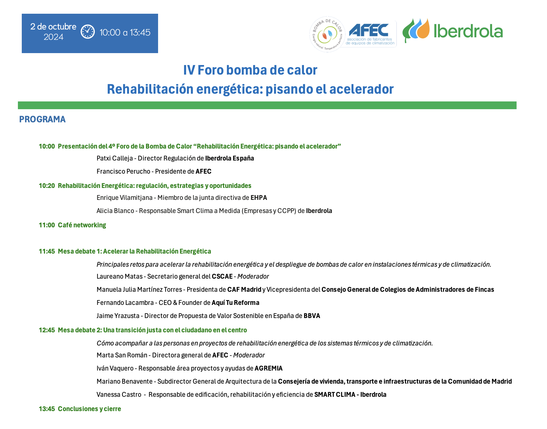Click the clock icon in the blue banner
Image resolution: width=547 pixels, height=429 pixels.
tap(88, 32)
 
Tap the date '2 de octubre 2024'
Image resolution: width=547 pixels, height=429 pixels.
tap(53, 32)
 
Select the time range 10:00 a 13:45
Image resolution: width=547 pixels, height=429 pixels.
tap(125, 32)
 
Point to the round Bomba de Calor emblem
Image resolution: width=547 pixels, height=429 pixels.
tap(327, 34)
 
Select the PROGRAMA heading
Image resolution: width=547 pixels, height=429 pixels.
tap(42, 119)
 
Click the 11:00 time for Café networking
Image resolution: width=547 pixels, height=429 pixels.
tap(47, 225)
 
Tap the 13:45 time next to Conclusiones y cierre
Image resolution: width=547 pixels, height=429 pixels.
tap(47, 409)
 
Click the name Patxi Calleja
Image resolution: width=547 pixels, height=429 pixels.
tap(115, 158)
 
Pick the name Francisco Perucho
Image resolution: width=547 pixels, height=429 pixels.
tap(123, 172)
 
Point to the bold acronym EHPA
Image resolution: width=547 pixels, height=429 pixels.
tap(259, 198)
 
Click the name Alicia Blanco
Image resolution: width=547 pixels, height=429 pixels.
tap(115, 211)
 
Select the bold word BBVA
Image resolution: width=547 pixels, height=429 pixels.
tap(312, 316)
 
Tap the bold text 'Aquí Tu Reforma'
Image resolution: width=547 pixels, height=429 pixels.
tap(235, 303)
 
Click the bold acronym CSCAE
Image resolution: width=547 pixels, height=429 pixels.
tap(222, 277)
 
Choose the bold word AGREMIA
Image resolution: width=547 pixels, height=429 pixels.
tap(268, 368)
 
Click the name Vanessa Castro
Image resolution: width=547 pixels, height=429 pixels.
tap(119, 395)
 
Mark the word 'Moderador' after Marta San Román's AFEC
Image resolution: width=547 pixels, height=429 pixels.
tap(249, 355)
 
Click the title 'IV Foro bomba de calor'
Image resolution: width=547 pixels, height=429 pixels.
tap(250, 70)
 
